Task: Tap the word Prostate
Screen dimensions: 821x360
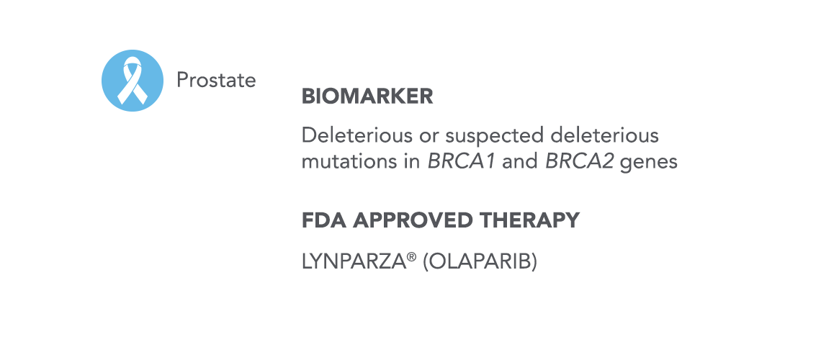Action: [216, 80]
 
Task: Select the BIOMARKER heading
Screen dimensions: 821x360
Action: [367, 96]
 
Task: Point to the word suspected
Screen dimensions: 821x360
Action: [496, 137]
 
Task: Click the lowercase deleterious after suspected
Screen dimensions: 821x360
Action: [605, 135]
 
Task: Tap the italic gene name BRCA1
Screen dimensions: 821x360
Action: [462, 162]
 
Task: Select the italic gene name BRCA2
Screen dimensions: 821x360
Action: [579, 162]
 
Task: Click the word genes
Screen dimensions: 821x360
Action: [649, 163]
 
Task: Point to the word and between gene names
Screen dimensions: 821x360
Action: [520, 162]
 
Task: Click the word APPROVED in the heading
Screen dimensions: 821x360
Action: [413, 220]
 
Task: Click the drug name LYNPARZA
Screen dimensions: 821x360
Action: [354, 261]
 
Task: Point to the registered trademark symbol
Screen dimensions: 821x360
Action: [412, 256]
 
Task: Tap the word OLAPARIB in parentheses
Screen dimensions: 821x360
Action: [480, 261]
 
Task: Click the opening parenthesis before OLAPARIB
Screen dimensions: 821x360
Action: [426, 262]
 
